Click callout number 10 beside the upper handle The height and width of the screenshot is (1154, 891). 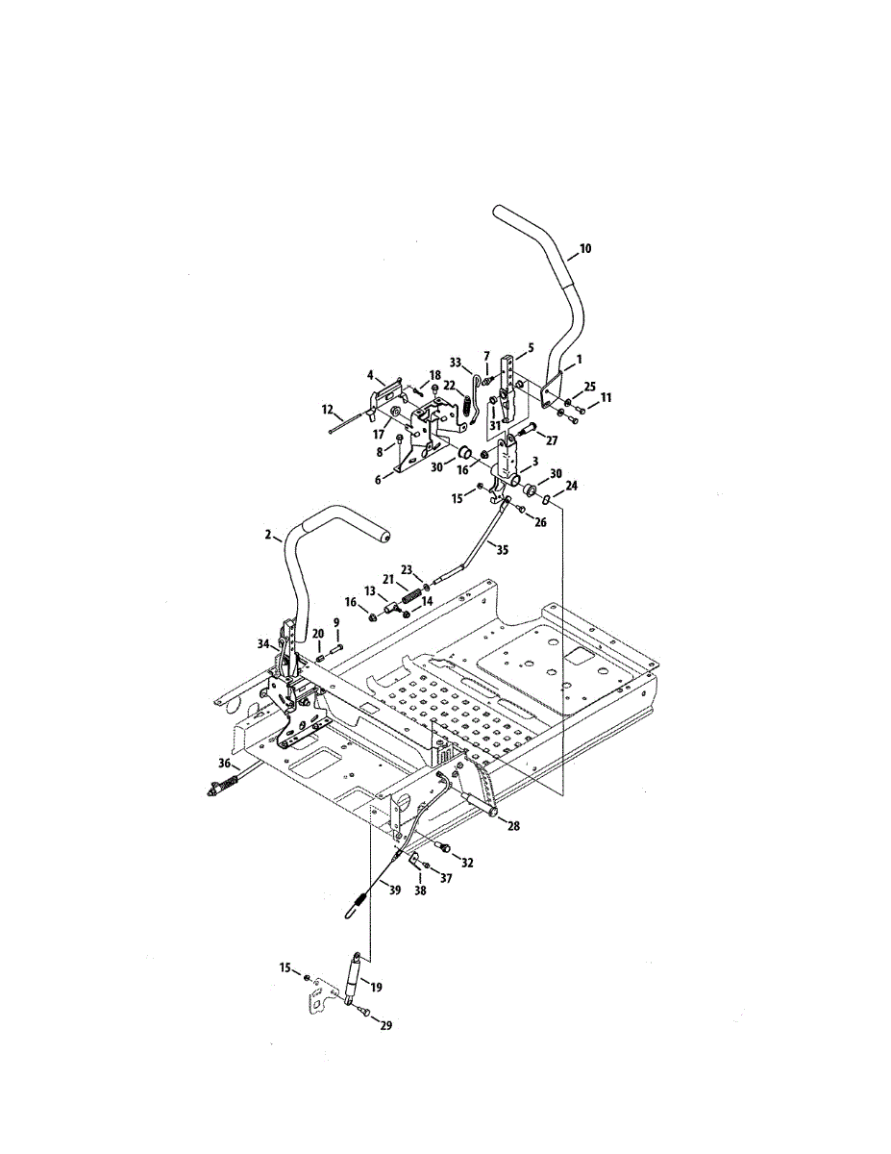pos(585,248)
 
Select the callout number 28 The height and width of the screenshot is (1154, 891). pos(513,826)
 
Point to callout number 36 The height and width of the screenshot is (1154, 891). pos(225,763)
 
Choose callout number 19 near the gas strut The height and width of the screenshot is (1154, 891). pos(376,987)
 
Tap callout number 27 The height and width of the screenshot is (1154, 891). pos(551,439)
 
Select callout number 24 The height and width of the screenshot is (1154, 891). pos(572,487)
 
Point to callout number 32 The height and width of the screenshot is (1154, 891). pos(467,863)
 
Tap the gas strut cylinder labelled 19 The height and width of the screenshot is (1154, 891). pos(352,986)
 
